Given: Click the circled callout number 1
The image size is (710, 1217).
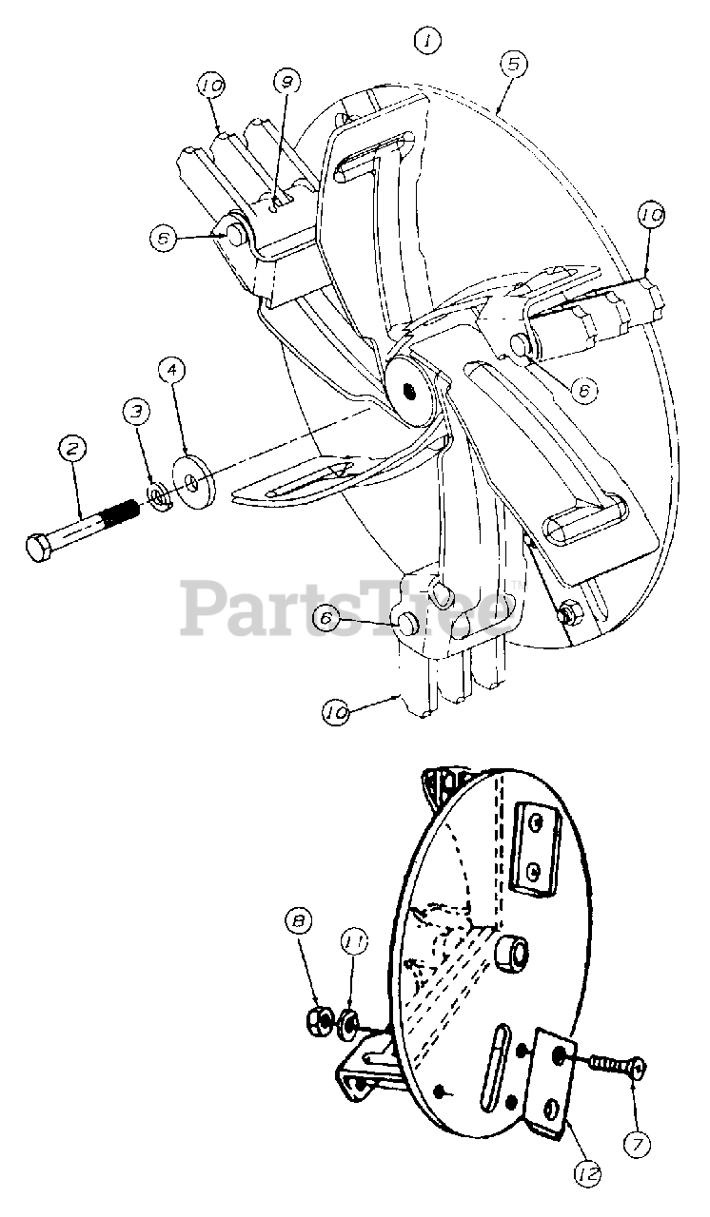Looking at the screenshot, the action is (428, 41).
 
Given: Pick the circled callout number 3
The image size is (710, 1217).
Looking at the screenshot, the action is (136, 411).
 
